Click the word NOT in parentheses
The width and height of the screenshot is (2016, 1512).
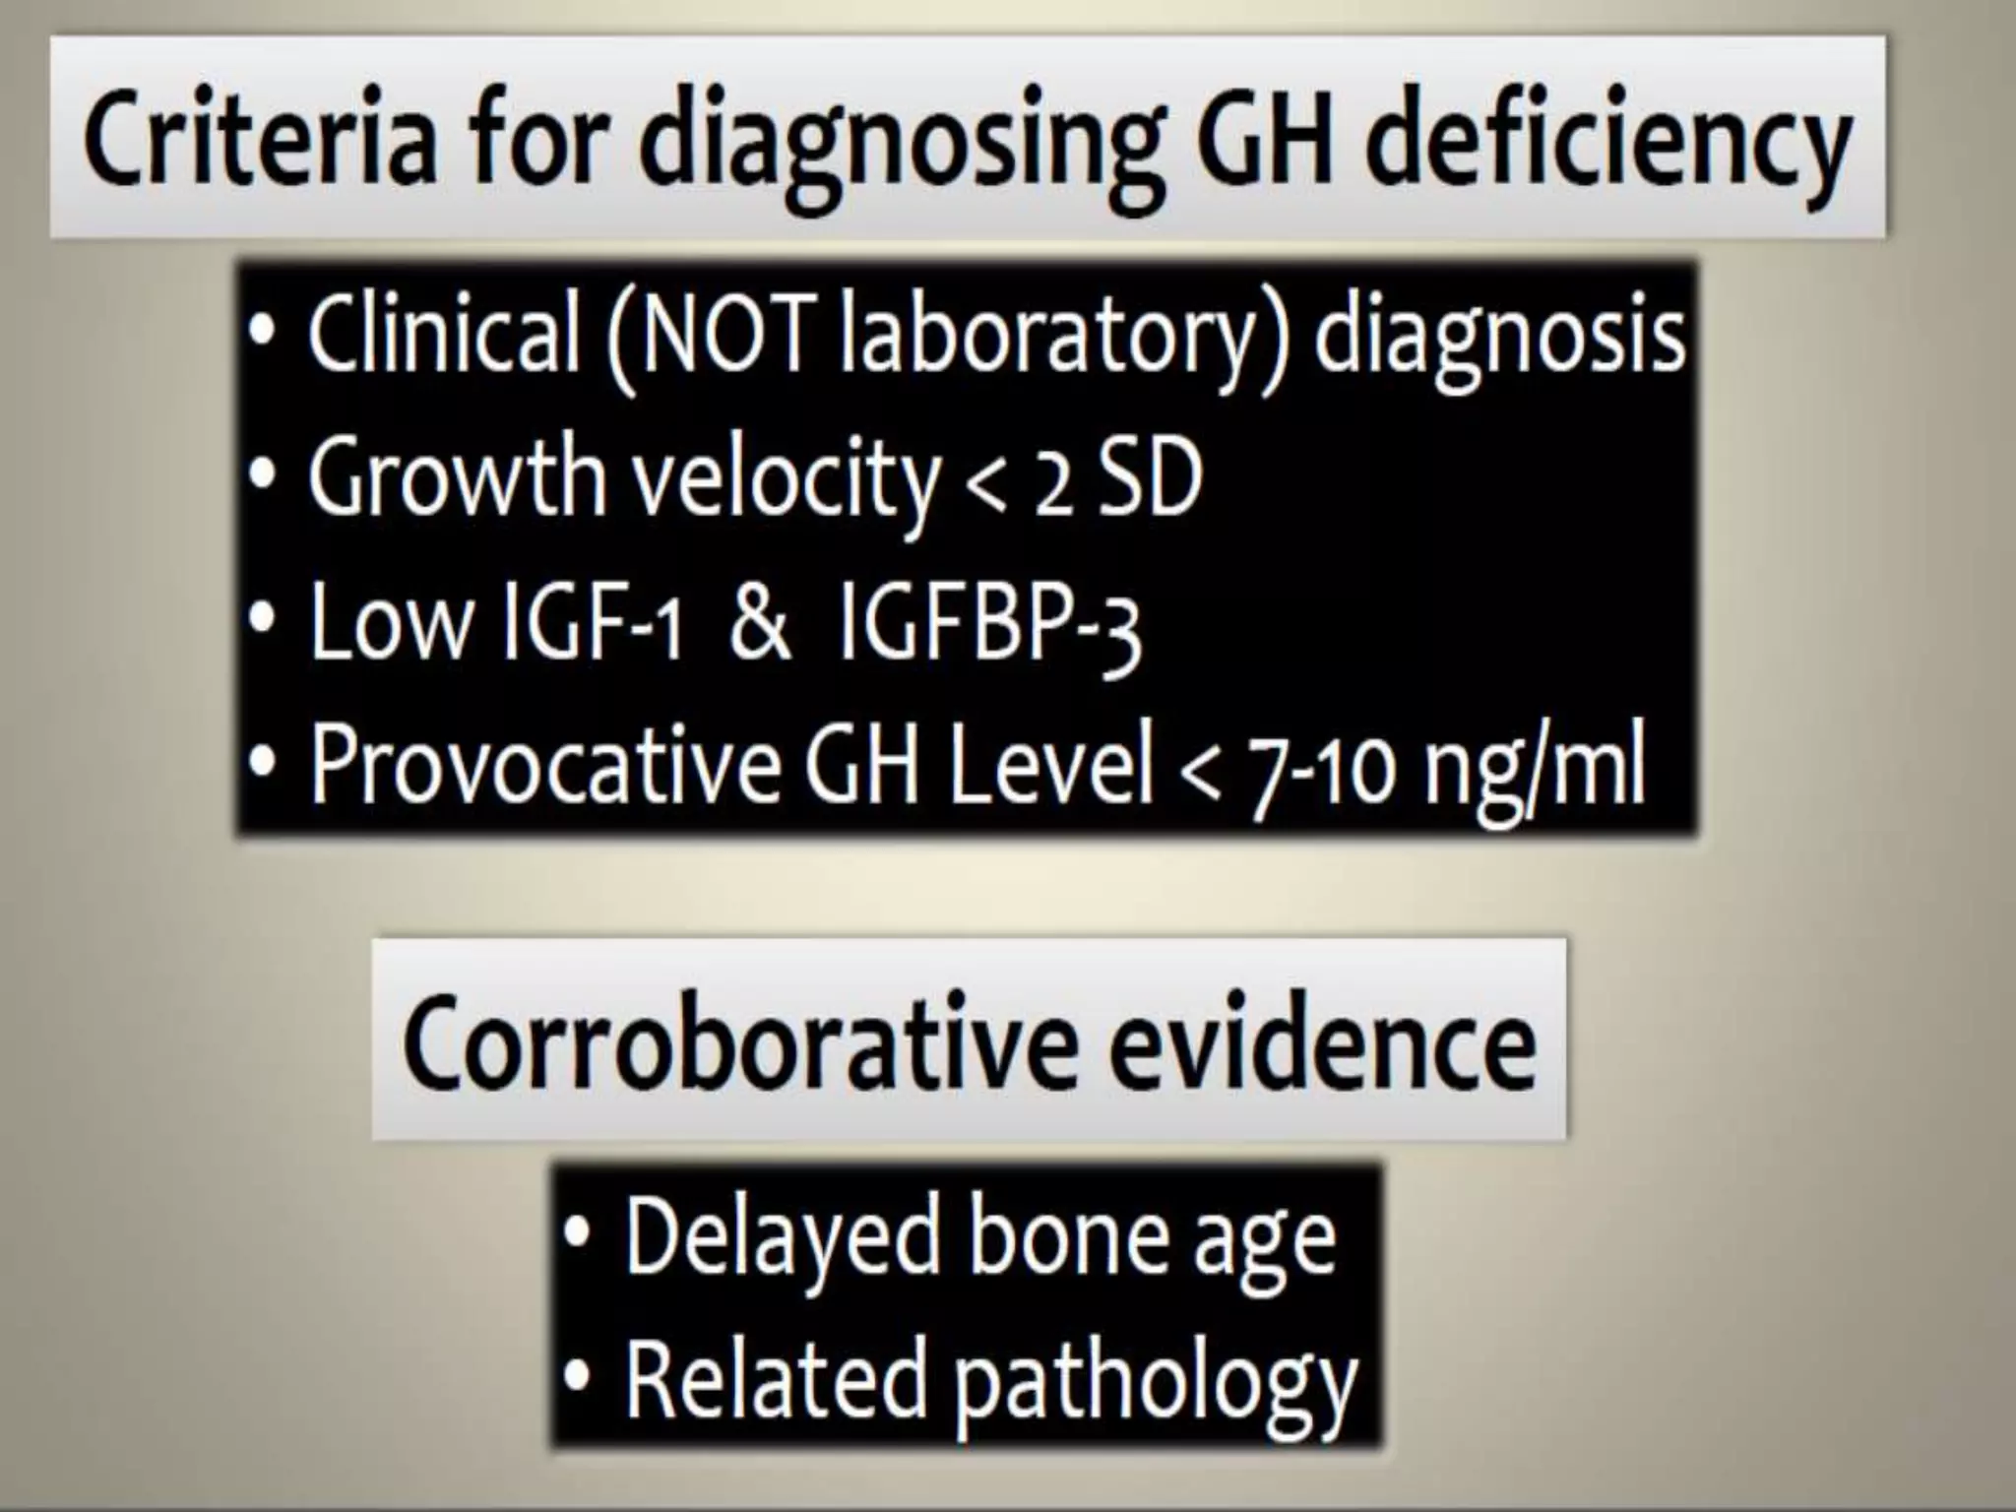point(724,334)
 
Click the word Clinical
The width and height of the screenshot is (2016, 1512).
point(443,334)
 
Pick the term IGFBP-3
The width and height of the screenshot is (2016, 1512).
point(988,626)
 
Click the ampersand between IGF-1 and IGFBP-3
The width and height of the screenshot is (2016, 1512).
point(760,624)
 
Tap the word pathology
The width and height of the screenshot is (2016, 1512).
point(1156,1378)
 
